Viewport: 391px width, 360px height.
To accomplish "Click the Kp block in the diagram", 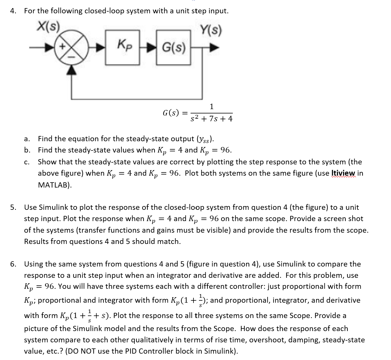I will (123, 47).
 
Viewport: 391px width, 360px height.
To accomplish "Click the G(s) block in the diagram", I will (174, 47).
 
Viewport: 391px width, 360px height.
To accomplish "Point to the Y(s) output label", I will (211, 30).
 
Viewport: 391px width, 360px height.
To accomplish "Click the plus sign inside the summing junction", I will (62, 46).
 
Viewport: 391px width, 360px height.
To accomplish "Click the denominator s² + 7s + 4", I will (212, 119).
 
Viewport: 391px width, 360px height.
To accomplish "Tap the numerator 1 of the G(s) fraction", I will (211, 106).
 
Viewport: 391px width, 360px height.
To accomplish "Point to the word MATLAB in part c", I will (54, 185).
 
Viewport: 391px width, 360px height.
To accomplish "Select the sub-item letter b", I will (27, 150).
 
